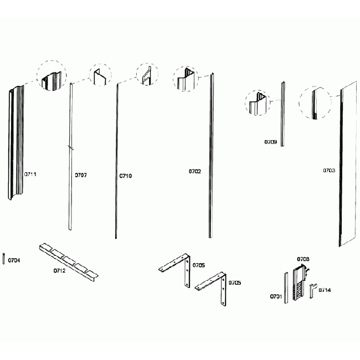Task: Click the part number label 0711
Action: pyautogui.click(x=30, y=174)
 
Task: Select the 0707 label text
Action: pyautogui.click(x=81, y=175)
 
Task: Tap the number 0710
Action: pyautogui.click(x=126, y=176)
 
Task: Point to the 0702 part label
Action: pyautogui.click(x=194, y=172)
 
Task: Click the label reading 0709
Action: pyautogui.click(x=270, y=142)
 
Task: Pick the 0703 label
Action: pyautogui.click(x=329, y=171)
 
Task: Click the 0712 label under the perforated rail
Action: pyautogui.click(x=60, y=271)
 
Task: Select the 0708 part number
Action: pyautogui.click(x=303, y=259)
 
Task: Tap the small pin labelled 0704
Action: pyautogui.click(x=4, y=259)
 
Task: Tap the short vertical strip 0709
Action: pyautogui.click(x=283, y=114)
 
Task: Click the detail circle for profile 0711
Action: pyautogui.click(x=52, y=76)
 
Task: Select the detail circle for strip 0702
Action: pyautogui.click(x=186, y=79)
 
